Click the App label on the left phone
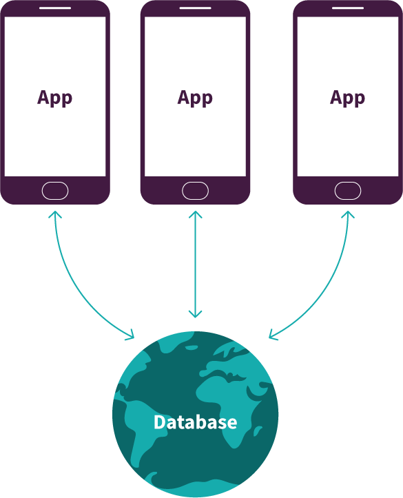pos(54,98)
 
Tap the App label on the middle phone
pos(195,98)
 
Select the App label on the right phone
pos(347,98)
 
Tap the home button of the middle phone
pos(196,191)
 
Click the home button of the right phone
pos(348,191)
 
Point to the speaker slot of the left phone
pos(55,8)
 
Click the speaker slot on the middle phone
pos(196,8)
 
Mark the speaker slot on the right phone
pos(348,8)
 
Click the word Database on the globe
pos(196,422)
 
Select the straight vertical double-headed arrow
pos(196,264)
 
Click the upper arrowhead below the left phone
pos(55,214)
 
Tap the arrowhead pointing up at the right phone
pos(348,214)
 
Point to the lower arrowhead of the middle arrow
pos(196,314)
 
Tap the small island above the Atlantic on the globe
pos(192,348)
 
